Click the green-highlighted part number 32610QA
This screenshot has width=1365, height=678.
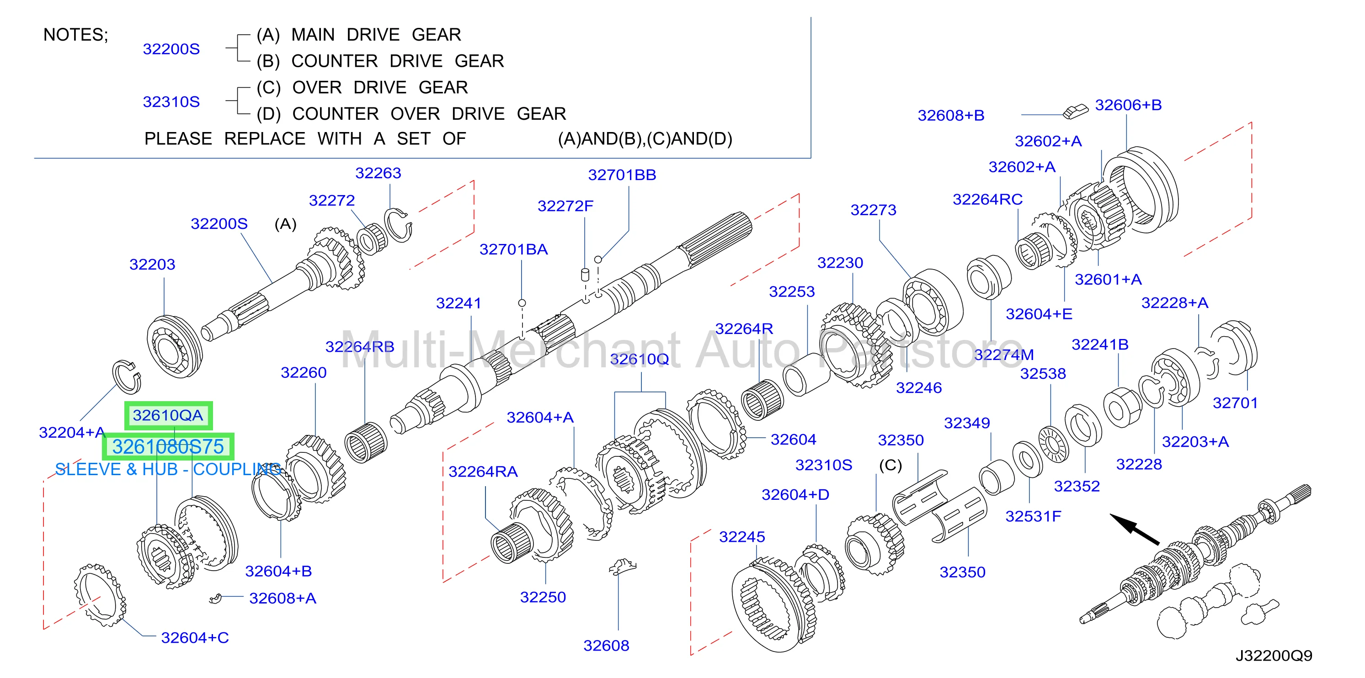tap(168, 415)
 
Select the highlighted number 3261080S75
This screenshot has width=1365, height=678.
tap(168, 447)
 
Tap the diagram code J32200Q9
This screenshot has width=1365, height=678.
tap(1274, 656)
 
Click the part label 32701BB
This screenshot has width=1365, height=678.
tap(622, 175)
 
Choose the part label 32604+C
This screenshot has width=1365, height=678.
tap(195, 638)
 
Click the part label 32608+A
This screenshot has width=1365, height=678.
tap(283, 599)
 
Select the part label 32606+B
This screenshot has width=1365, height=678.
tap(1128, 105)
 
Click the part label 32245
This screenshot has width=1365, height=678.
tap(742, 537)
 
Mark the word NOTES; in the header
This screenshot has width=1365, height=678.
tap(75, 35)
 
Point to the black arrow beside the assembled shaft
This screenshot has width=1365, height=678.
tap(1135, 529)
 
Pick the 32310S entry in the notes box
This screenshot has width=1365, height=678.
tap(171, 102)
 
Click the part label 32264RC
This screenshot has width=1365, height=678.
tap(988, 199)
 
